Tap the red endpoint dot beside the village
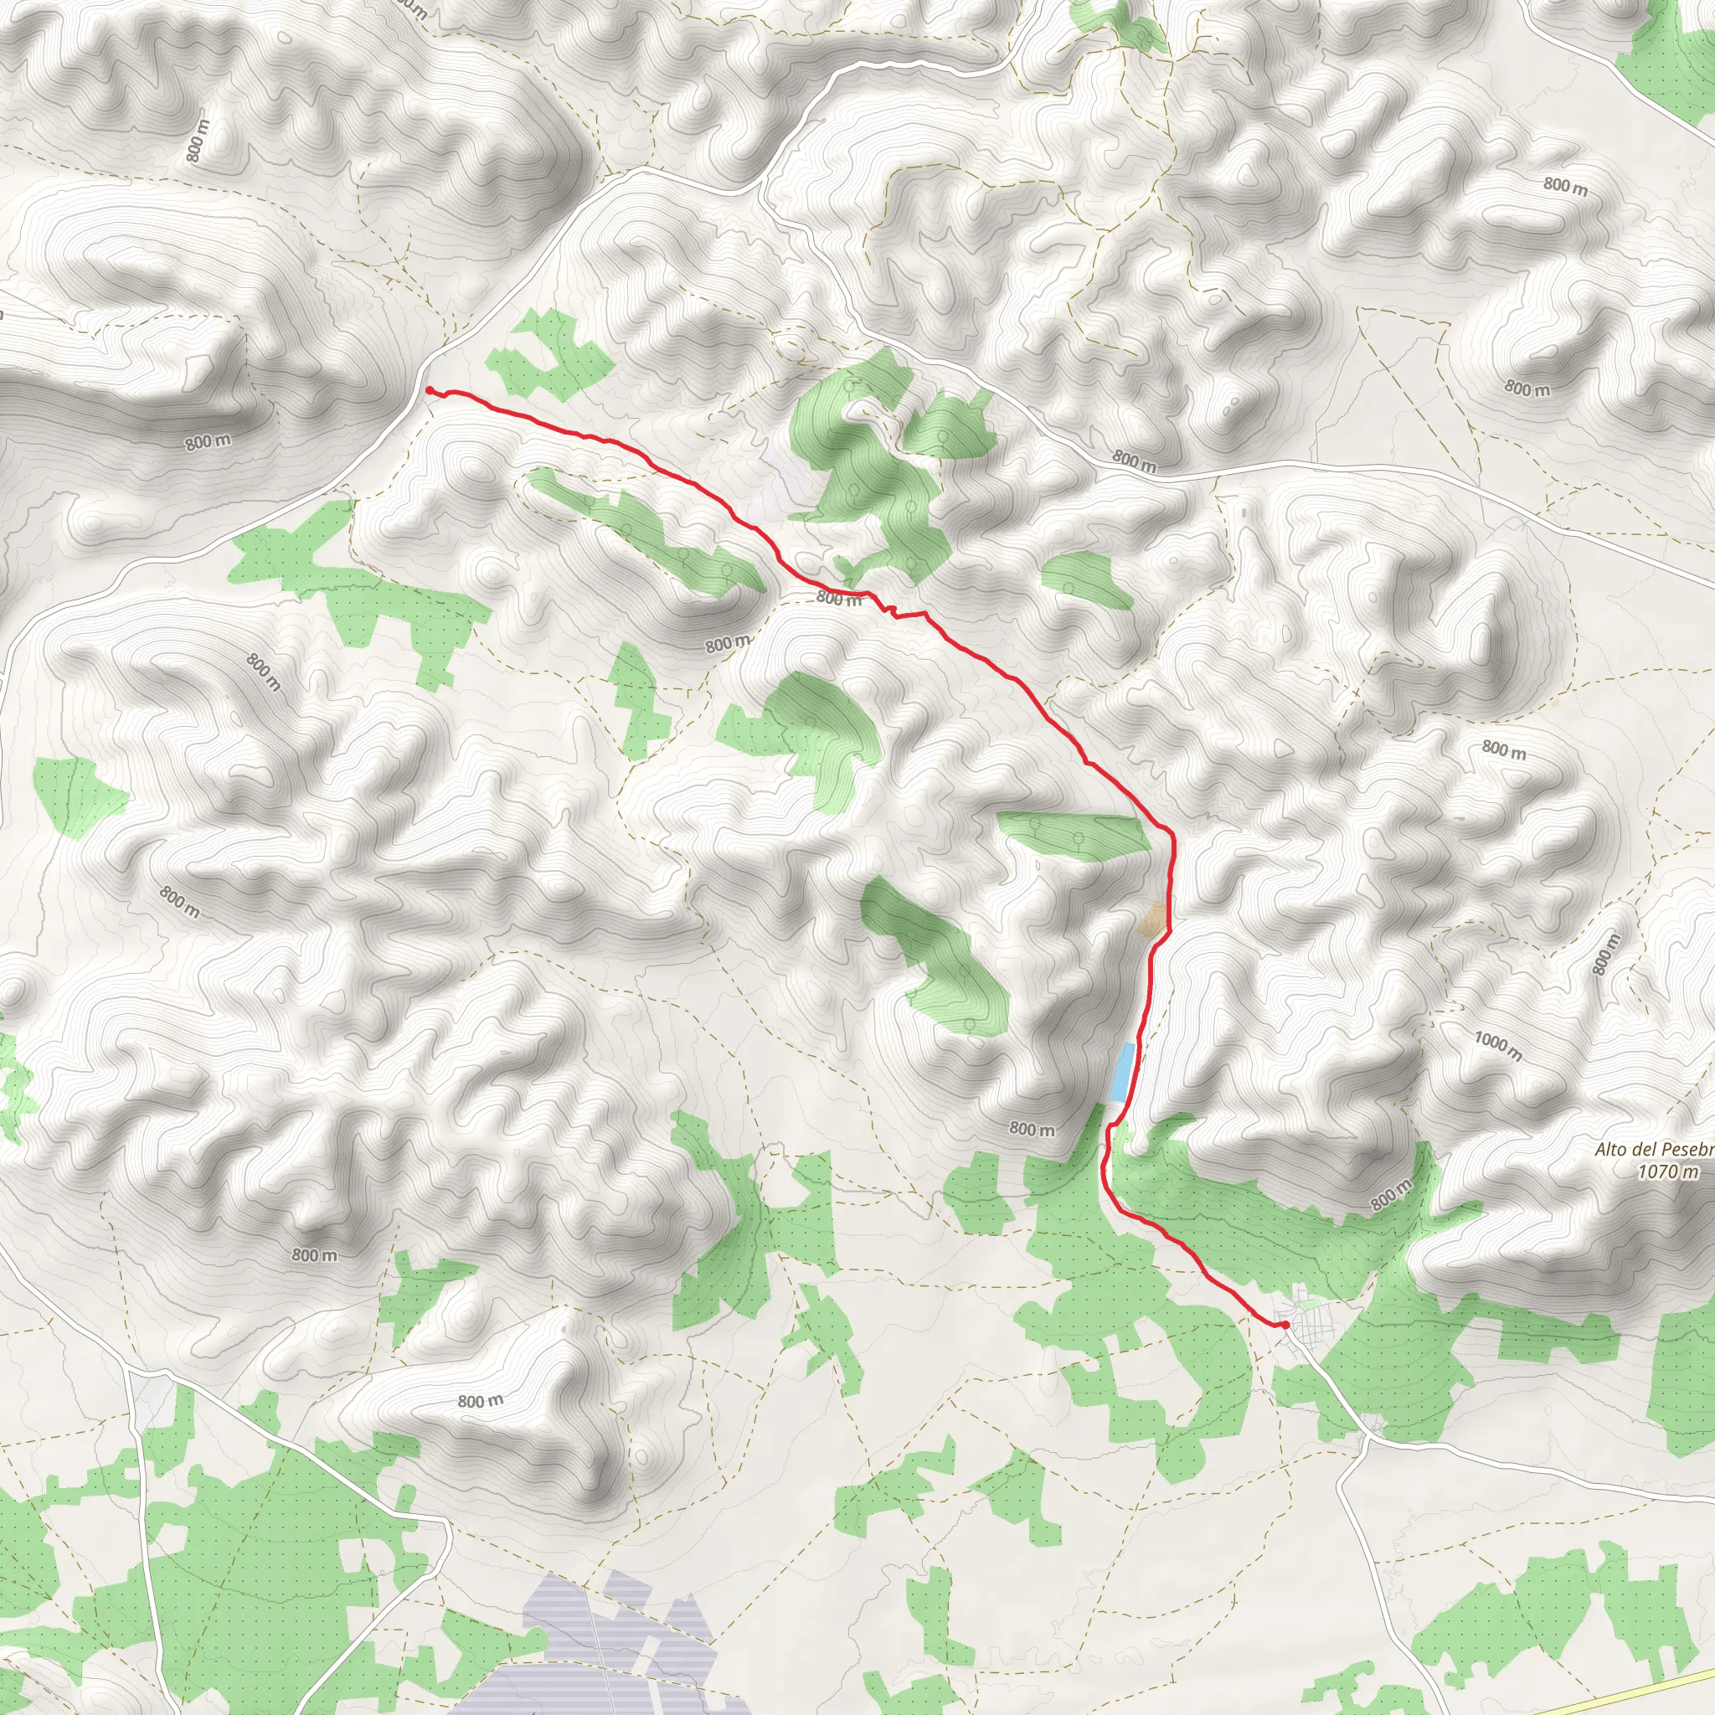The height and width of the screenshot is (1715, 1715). point(1285,1325)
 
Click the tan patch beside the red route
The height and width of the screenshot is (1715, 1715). point(1153,919)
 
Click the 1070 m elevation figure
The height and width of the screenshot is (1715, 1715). point(1668,1172)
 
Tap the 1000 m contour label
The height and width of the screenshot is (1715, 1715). point(1498,1046)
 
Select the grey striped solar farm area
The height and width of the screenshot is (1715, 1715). point(621,1633)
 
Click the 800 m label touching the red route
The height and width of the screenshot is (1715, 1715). point(839,598)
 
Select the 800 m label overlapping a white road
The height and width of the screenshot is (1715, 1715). point(1135,461)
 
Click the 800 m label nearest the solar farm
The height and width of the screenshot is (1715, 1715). point(480,1401)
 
